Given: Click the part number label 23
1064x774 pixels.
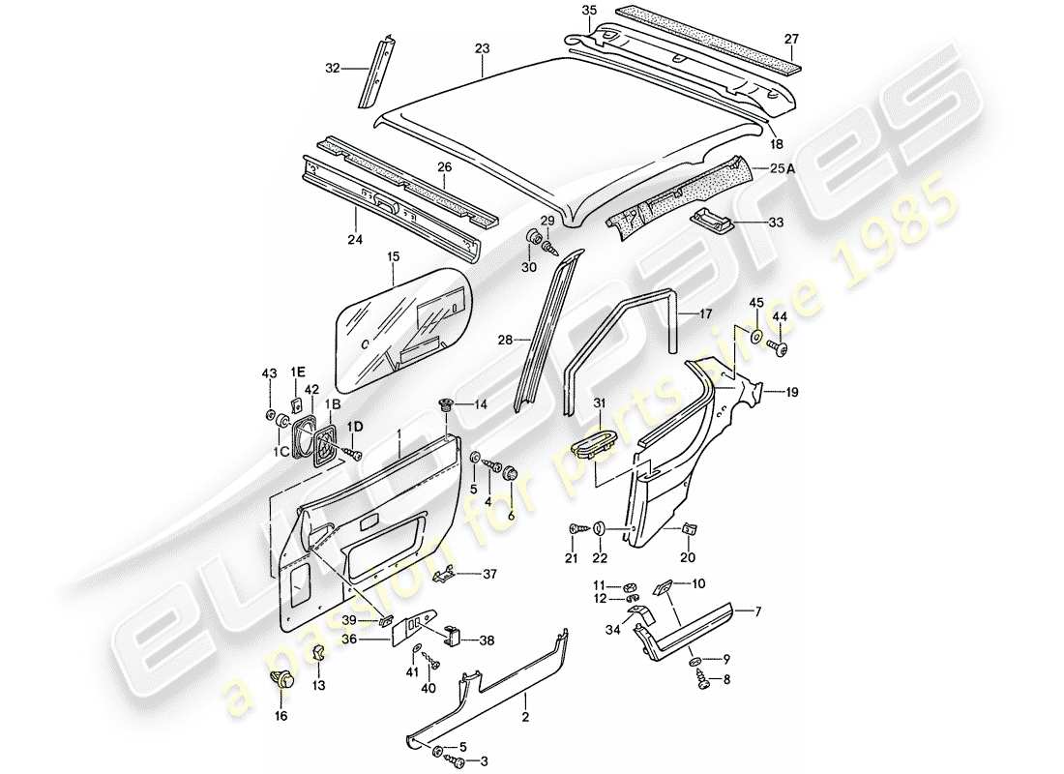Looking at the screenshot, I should (x=483, y=47).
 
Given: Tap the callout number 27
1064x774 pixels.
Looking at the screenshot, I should (x=791, y=40).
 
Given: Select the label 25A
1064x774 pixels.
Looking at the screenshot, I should (x=810, y=168).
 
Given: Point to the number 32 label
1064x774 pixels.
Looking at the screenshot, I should (x=333, y=68).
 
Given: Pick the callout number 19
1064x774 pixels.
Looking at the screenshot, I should (x=792, y=393).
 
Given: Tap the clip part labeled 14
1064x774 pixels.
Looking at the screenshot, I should (x=446, y=405).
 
